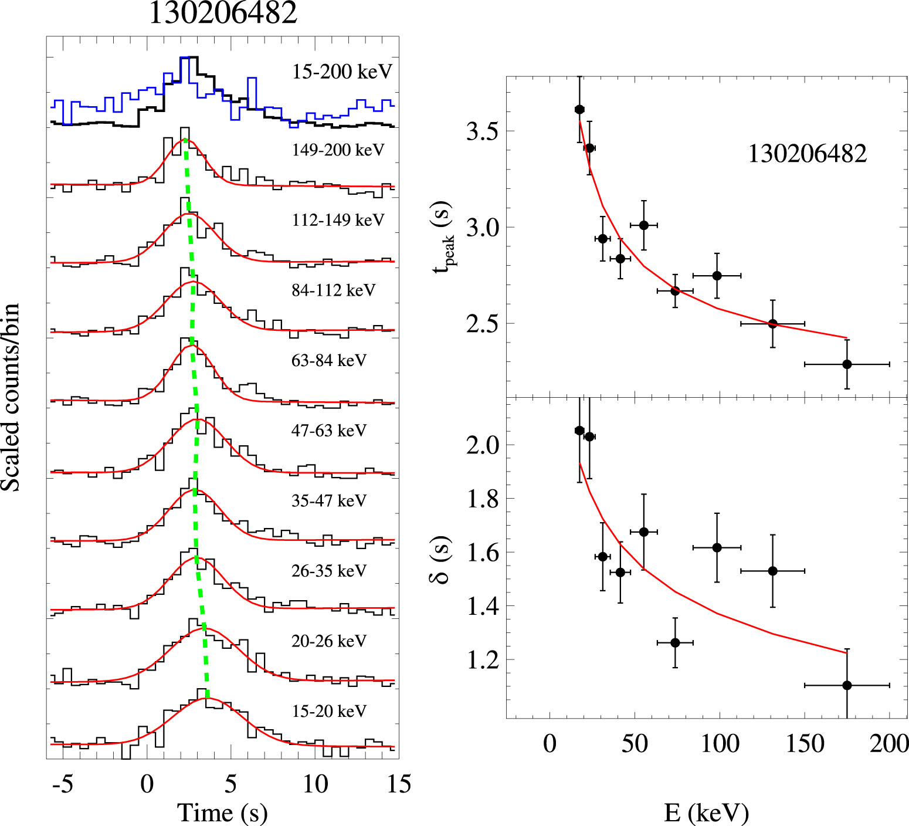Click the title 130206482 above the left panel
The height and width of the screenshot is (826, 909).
coord(223,13)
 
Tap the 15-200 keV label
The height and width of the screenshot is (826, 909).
coord(342,72)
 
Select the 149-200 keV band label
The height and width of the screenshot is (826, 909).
coord(338,150)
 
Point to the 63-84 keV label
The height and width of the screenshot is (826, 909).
coord(328,360)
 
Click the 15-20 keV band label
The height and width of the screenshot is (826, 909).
coord(329,711)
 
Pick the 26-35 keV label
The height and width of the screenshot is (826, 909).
coord(328,571)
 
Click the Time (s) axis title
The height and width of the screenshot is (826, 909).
coord(222,812)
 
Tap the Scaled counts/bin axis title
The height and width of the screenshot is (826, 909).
coord(11,397)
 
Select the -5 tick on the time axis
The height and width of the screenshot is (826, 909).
coord(62,784)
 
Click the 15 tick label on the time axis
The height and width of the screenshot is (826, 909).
coord(399,784)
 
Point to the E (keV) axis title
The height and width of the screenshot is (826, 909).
coord(706,812)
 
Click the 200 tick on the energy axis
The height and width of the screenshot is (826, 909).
coord(889,743)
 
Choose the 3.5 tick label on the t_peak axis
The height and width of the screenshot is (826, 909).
coord(482,131)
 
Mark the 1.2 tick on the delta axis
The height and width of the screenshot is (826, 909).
coord(482,660)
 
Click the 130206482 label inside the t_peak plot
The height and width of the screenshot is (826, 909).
coord(807,154)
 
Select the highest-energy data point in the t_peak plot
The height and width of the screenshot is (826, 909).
coord(847,364)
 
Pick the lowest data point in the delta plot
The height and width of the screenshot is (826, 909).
coord(847,685)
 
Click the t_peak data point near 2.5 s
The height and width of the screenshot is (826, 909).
coord(773,324)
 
